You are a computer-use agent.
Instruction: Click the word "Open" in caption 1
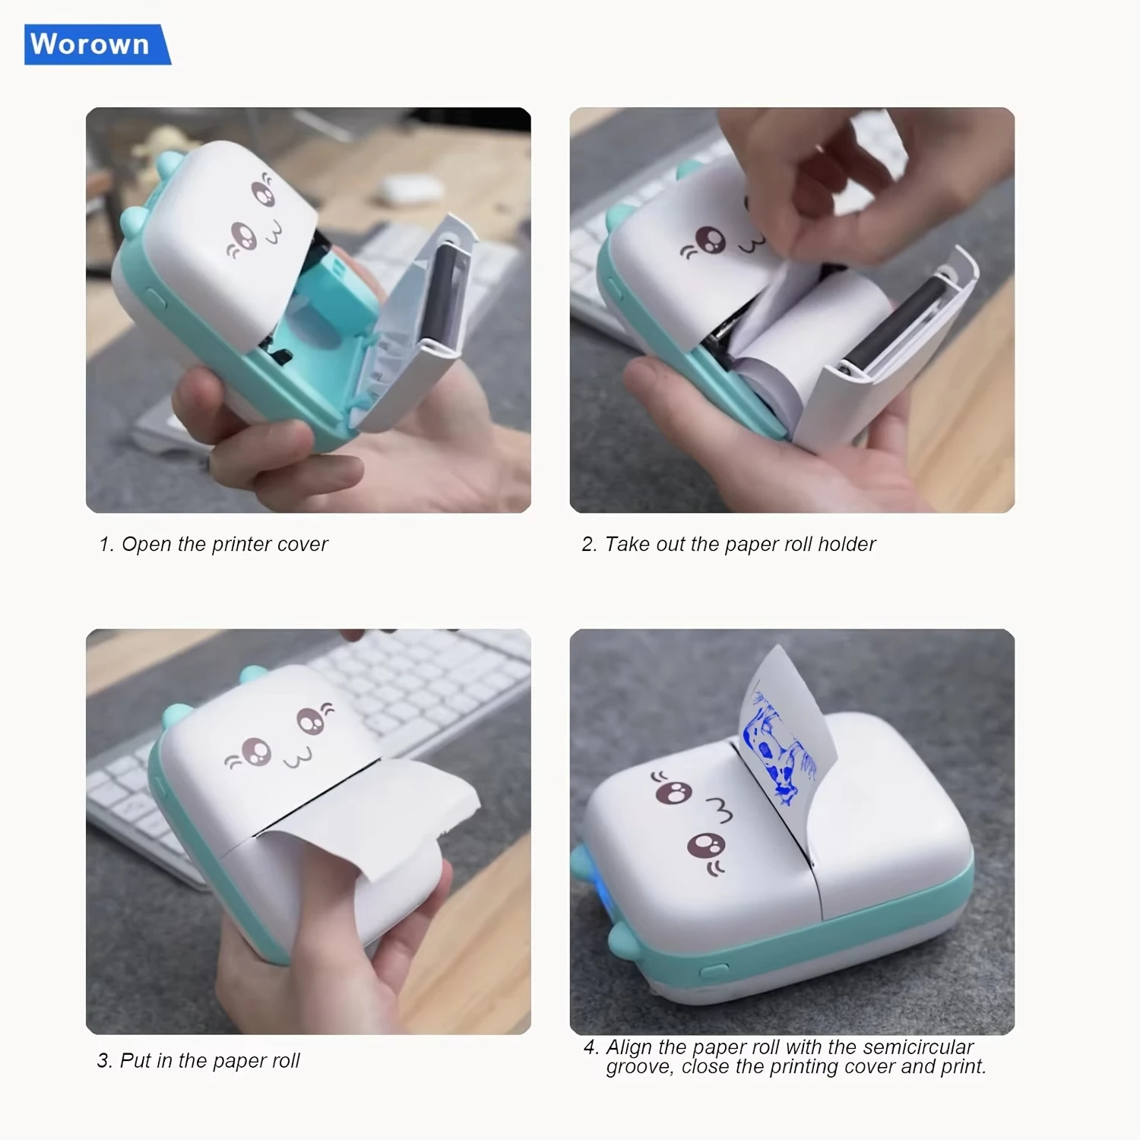146,544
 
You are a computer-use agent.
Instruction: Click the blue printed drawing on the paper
777,749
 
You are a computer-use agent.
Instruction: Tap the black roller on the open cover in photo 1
444,293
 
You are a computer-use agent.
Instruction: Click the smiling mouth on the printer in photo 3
297,758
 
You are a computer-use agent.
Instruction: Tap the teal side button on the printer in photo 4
714,971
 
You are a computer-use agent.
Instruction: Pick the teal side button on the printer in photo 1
156,298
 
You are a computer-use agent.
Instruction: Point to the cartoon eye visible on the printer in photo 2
711,240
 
